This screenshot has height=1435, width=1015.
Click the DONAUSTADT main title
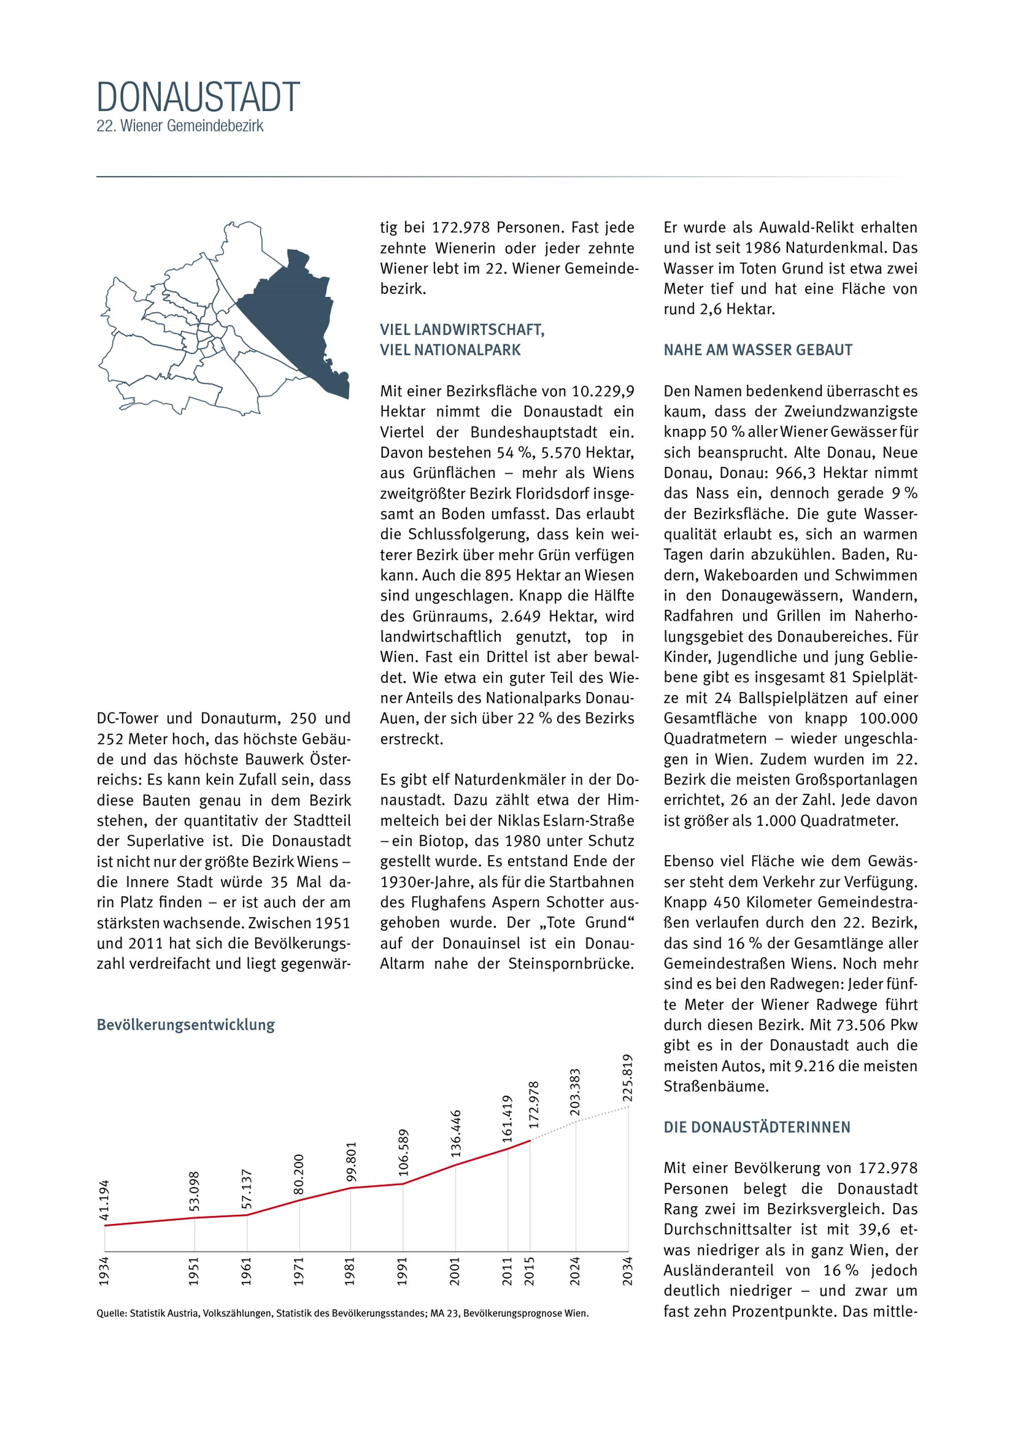pos(198,97)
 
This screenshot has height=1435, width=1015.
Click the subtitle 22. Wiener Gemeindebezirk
pos(180,126)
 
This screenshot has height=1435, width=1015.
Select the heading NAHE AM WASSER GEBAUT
pos(758,350)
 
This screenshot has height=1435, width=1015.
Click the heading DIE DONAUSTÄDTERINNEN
pos(757,1127)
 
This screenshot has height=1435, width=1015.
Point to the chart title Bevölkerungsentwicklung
pos(186,1024)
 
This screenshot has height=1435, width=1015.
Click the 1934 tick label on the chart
pos(104,1271)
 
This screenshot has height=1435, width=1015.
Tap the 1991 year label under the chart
pos(402,1271)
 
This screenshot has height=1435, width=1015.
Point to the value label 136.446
pos(456,1133)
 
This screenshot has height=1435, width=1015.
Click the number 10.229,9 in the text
pos(603,391)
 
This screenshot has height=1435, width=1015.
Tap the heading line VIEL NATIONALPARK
pos(450,350)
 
